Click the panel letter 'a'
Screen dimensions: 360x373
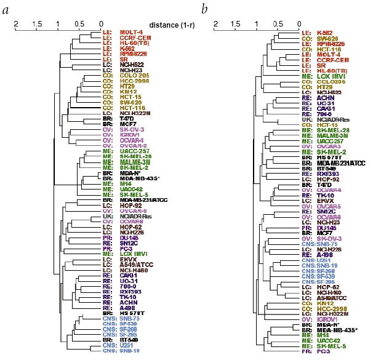(7, 9)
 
